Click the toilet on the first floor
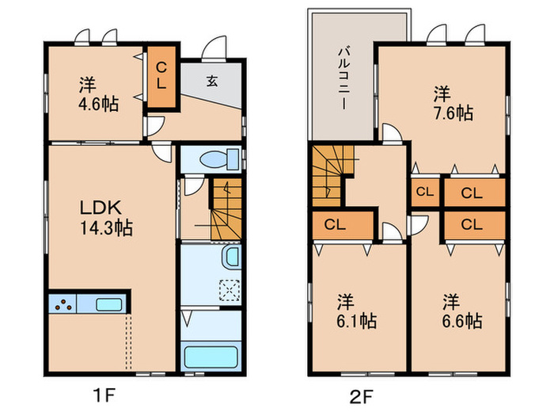pyautogui.click(x=219, y=159)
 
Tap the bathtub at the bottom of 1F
pyautogui.click(x=211, y=357)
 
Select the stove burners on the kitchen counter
pyautogui.click(x=63, y=304)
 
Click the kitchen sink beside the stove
pyautogui.click(x=109, y=304)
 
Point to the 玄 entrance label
pyautogui.click(x=211, y=82)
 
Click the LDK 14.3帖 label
pyautogui.click(x=106, y=218)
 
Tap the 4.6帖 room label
pyautogui.click(x=98, y=95)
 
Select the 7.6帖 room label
pyautogui.click(x=453, y=104)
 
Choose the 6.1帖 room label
pyautogui.click(x=356, y=311)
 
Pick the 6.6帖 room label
pyautogui.click(x=462, y=311)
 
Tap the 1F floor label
pyautogui.click(x=104, y=395)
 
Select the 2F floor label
pyautogui.click(x=361, y=396)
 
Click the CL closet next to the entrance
pyautogui.click(x=161, y=77)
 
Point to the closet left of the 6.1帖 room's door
pyautogui.click(x=343, y=225)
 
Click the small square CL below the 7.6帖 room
pyautogui.click(x=425, y=192)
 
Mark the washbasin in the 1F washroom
pyautogui.click(x=231, y=258)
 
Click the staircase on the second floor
pyautogui.click(x=332, y=176)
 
